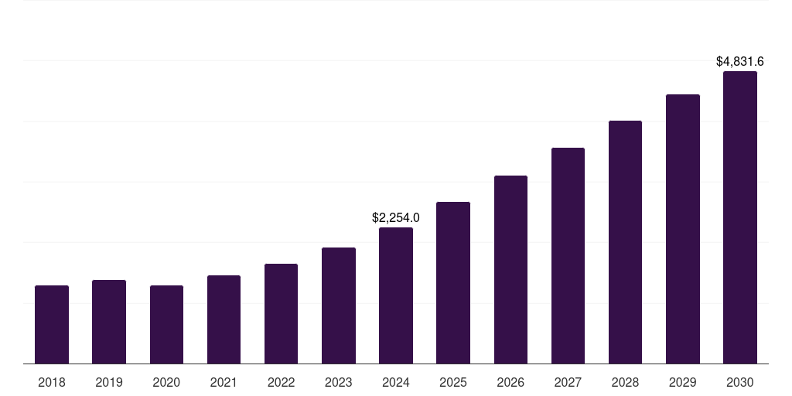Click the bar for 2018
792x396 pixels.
[x=52, y=325]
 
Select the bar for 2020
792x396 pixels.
[x=166, y=325]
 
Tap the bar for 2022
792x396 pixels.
[x=281, y=314]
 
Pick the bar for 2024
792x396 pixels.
[x=396, y=295]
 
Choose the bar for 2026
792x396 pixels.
[x=510, y=270]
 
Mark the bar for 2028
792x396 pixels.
[x=625, y=242]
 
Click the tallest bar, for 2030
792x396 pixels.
[x=740, y=217]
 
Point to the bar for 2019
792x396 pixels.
[x=109, y=322]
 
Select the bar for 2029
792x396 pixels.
[x=683, y=229]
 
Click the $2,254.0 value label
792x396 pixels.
[x=396, y=218]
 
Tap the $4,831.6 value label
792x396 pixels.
[x=740, y=61]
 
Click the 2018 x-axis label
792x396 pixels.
[x=52, y=382]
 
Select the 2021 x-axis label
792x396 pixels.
[x=224, y=382]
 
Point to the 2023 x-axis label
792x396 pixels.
[x=339, y=382]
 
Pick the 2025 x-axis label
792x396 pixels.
[x=453, y=382]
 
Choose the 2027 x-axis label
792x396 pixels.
[x=568, y=382]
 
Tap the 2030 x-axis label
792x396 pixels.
[x=740, y=382]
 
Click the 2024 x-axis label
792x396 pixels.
[x=396, y=382]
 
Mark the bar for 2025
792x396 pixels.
[x=453, y=283]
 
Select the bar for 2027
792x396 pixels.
[x=568, y=256]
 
